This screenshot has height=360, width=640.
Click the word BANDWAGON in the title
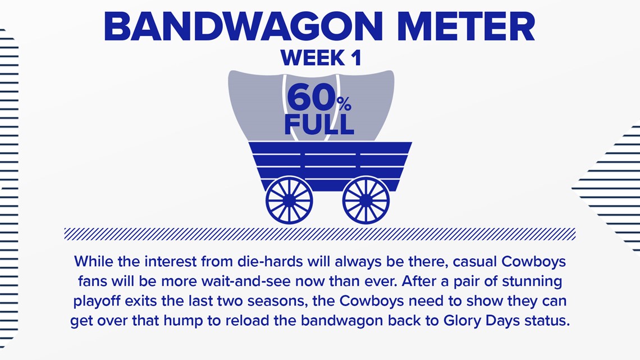click(x=243, y=26)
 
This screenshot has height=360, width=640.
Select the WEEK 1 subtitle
click(x=321, y=57)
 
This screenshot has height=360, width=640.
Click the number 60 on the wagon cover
click(x=311, y=98)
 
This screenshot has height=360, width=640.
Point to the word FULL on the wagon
click(x=319, y=125)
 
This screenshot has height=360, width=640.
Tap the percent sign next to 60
click(x=344, y=104)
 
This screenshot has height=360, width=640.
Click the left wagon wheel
click(x=289, y=200)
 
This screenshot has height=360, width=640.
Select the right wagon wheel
click(x=365, y=200)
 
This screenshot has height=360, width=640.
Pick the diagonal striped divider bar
click(x=319, y=234)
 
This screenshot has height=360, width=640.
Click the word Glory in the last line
click(x=462, y=321)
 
